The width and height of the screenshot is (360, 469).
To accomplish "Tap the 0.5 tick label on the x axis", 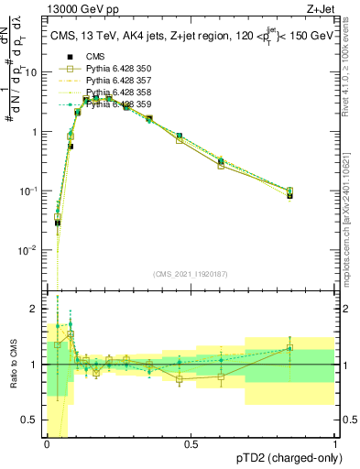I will (x=191, y=444).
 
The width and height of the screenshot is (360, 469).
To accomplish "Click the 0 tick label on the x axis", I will (x=47, y=444).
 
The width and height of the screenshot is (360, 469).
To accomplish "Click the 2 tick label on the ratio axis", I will (x=37, y=308).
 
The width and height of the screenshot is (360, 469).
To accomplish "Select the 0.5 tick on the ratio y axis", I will (x=33, y=422).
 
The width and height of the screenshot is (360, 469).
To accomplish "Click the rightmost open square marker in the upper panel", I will (x=289, y=191).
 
